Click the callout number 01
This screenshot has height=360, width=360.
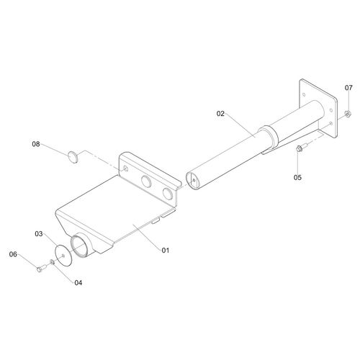pyautogui.click(x=166, y=251)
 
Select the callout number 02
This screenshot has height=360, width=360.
pyautogui.click(x=220, y=114)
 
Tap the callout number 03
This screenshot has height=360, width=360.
pyautogui.click(x=39, y=234)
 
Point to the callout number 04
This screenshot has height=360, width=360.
pyautogui.click(x=78, y=283)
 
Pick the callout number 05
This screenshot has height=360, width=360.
pyautogui.click(x=297, y=177)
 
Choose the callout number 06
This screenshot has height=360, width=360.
pyautogui.click(x=13, y=254)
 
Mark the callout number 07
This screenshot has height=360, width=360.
pyautogui.click(x=348, y=88)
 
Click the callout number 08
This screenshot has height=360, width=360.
pyautogui.click(x=36, y=144)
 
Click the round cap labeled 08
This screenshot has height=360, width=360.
pyautogui.click(x=73, y=157)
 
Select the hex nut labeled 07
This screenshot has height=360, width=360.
pyautogui.click(x=347, y=114)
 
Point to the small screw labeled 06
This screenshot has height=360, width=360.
pyautogui.click(x=42, y=268)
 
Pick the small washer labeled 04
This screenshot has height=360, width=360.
pyautogui.click(x=53, y=262)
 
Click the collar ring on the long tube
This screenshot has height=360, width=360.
pyautogui.click(x=269, y=138)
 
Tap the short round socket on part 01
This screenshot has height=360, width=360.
pyautogui.click(x=82, y=246)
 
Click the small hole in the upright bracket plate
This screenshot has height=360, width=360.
pyautogui.click(x=125, y=168)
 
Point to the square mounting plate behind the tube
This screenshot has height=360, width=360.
pyautogui.click(x=318, y=109)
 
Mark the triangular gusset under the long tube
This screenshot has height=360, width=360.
pyautogui.click(x=293, y=138)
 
